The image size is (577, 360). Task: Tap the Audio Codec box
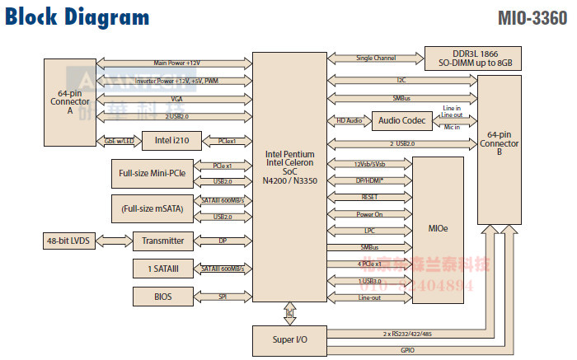pos(403,121)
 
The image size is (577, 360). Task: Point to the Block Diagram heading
pos(78,17)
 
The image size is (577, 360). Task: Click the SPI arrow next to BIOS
pos(223,296)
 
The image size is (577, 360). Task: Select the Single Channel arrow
pos(376,58)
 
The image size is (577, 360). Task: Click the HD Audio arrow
pos(349,121)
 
